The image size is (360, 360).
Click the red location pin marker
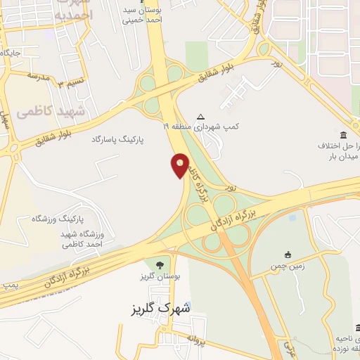click(x=180, y=165)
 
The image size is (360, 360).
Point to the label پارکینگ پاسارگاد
click(x=117, y=140)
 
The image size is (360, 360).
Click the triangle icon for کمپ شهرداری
click(x=202, y=117)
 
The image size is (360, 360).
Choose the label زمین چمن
click(x=288, y=267)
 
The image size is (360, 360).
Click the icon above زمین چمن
click(x=287, y=255)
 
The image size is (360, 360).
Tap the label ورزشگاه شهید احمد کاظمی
click(x=82, y=239)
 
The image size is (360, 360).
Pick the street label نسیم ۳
click(x=70, y=84)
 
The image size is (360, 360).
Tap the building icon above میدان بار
click(x=343, y=135)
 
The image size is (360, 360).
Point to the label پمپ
click(x=10, y=285)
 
